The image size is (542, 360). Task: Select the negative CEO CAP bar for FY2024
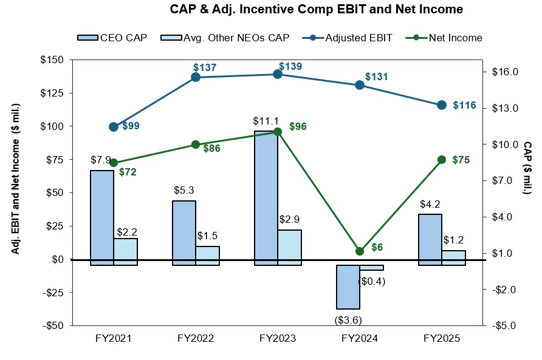point(348,287)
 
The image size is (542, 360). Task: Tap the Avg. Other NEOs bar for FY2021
point(125,251)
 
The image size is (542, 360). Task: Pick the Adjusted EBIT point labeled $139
point(278,74)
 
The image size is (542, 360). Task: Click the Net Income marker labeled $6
point(360,251)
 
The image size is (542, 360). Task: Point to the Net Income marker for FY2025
point(442,160)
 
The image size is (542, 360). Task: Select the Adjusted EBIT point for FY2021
point(114,127)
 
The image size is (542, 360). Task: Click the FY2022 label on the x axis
point(196,339)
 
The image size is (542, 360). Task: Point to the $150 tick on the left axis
point(53,60)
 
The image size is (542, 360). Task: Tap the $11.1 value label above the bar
point(266,121)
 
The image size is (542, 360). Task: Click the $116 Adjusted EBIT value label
point(464,105)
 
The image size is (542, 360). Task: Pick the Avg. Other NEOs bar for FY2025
point(454,257)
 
